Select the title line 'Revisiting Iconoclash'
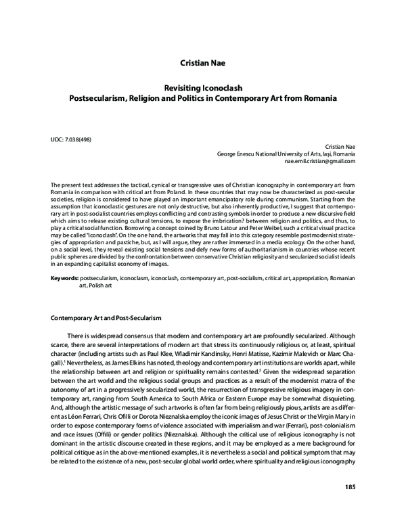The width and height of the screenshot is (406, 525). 203,88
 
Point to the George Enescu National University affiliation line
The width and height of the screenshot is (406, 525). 286,155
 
